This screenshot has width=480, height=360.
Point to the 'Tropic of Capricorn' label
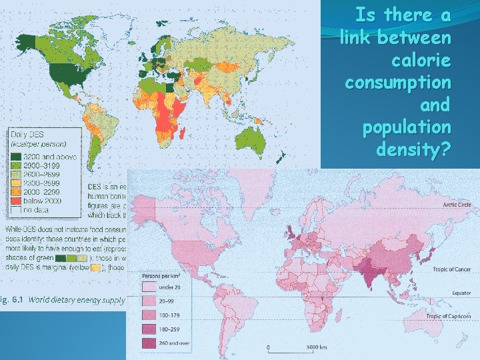(x=451, y=316)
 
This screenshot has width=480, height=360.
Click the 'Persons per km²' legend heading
(x=160, y=275)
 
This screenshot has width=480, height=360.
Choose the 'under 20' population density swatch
(x=149, y=288)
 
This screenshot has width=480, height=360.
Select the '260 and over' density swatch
(x=149, y=343)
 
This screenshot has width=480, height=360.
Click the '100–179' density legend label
(x=171, y=315)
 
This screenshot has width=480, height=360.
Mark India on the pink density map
(x=365, y=270)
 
